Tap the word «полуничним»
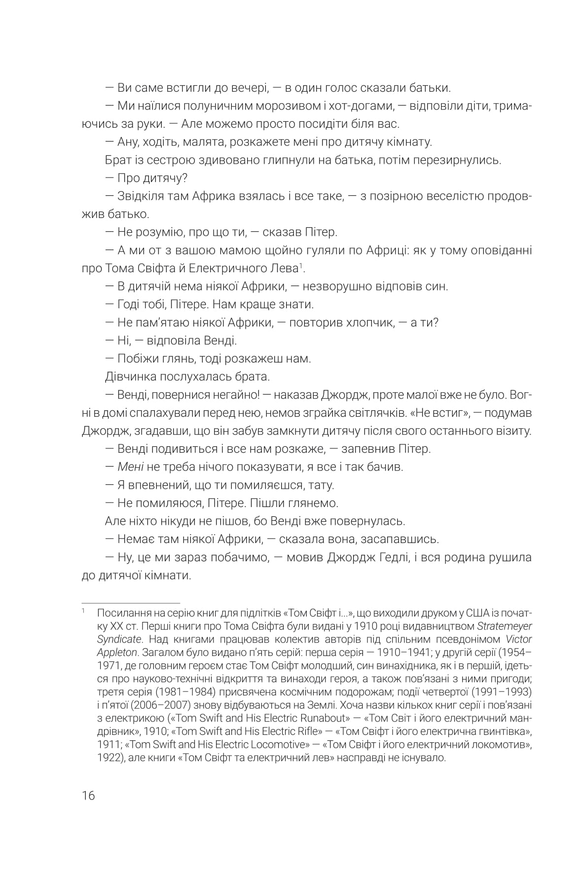(216, 106)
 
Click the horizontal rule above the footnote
(131, 603)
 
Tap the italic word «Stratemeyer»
(504, 626)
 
